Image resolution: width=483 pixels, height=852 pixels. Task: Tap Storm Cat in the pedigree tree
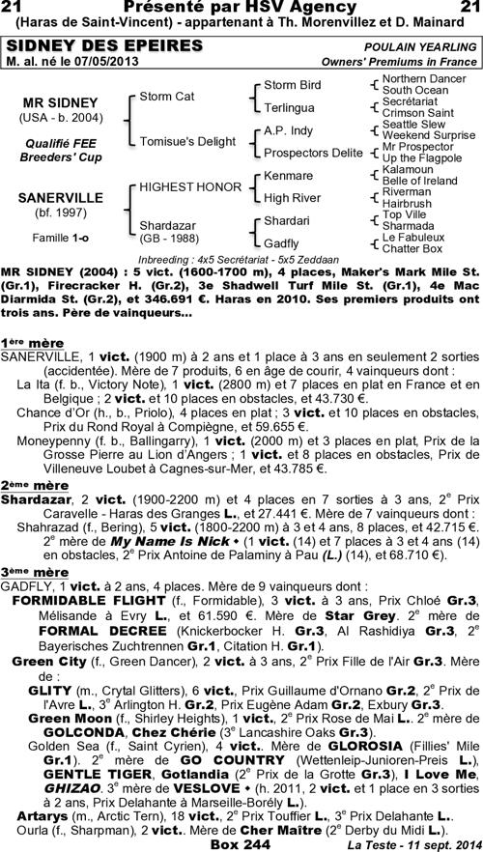(167, 97)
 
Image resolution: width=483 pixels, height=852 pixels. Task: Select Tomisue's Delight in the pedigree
(187, 141)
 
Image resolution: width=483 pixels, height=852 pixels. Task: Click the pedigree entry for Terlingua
(288, 107)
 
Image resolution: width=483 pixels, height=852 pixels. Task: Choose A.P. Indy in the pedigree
(288, 130)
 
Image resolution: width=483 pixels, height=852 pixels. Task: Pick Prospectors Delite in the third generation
(313, 153)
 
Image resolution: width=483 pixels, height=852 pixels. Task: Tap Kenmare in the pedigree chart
(288, 176)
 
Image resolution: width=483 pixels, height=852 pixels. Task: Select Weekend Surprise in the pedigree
(428, 135)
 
